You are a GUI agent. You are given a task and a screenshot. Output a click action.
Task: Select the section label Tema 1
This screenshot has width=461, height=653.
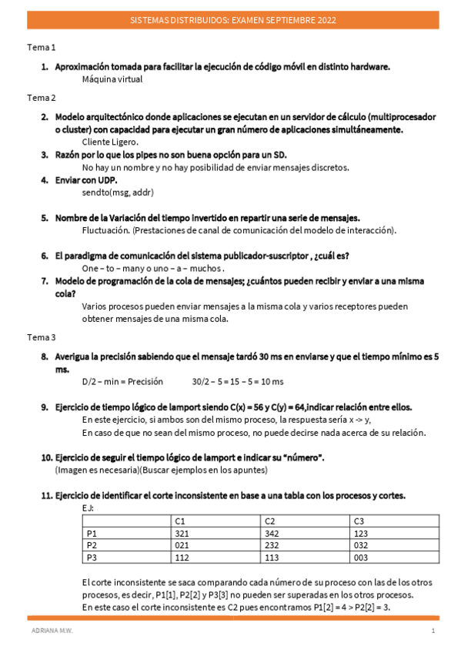point(42,47)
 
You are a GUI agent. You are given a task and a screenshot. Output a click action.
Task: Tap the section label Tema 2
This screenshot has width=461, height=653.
point(42,98)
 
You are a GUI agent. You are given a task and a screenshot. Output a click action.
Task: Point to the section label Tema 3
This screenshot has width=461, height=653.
point(42,337)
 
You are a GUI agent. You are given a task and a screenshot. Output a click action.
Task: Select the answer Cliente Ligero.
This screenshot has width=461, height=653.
point(110,142)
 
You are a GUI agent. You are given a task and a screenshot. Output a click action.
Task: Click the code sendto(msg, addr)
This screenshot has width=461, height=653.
point(112,193)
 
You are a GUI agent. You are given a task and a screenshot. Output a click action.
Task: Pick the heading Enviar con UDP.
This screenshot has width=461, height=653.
point(85,180)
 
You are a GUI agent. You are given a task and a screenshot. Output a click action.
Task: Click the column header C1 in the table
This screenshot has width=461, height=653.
point(181,521)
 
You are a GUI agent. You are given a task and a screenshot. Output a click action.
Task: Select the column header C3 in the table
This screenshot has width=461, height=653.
point(359,521)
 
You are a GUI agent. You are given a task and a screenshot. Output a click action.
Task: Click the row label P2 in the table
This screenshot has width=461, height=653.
point(92,545)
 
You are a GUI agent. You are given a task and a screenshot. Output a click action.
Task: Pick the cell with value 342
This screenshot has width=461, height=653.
point(271,533)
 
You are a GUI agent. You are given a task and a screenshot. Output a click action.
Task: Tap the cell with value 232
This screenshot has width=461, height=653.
point(271,545)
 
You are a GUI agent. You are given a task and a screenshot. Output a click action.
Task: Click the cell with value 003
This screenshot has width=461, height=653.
point(360,558)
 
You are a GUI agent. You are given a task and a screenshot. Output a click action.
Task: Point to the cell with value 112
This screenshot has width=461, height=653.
point(182,558)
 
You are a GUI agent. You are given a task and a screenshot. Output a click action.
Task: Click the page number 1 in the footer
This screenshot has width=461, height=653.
point(433,631)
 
